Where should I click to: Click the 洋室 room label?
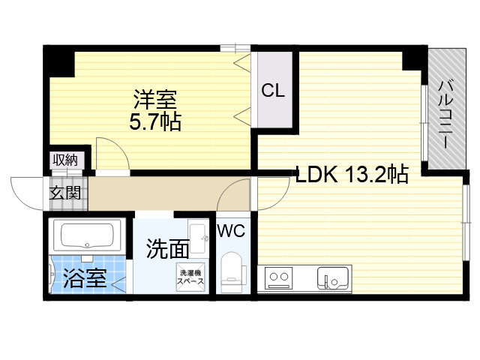pyautogui.click(x=157, y=100)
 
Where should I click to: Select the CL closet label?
pyautogui.click(x=273, y=91)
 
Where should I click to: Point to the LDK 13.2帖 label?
pyautogui.click(x=352, y=175)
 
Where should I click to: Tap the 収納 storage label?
pyautogui.click(x=64, y=159)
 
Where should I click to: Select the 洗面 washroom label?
pyautogui.click(x=164, y=248)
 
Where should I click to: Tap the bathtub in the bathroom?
pyautogui.click(x=85, y=237)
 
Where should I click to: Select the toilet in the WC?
pyautogui.click(x=234, y=271)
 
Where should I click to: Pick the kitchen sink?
pyautogui.click(x=333, y=279)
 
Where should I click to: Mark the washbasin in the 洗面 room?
pyautogui.click(x=199, y=239)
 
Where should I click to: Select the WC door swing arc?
pyautogui.click(x=235, y=197)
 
